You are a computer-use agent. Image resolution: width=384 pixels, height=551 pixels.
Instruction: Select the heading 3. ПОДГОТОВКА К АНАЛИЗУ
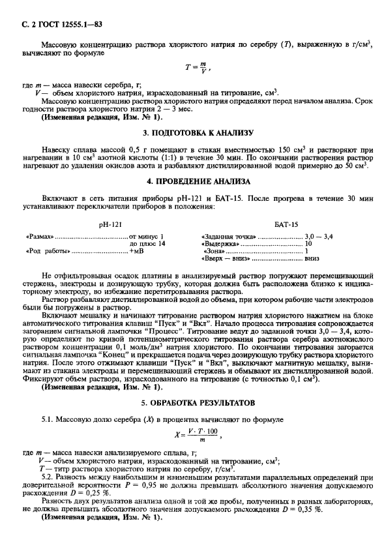(192, 133)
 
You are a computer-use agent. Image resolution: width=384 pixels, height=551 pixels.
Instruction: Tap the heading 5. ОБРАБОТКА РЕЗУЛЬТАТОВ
(192, 402)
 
